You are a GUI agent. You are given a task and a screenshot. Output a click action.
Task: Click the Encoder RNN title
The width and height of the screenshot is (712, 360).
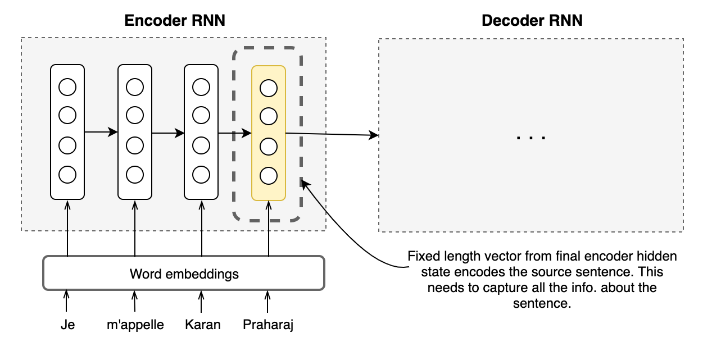tap(174, 21)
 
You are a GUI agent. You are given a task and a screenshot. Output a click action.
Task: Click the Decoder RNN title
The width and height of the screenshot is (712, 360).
tap(532, 21)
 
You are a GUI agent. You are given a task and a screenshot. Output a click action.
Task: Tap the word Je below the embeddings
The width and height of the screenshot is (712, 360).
tap(67, 325)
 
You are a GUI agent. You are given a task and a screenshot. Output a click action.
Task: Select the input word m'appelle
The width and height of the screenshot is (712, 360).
tap(135, 325)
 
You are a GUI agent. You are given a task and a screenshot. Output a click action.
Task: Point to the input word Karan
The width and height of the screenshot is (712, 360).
tap(202, 325)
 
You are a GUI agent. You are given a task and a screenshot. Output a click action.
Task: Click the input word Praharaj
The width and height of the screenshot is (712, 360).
tap(268, 325)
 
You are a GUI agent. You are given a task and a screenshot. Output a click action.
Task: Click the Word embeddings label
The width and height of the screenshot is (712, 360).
tap(184, 274)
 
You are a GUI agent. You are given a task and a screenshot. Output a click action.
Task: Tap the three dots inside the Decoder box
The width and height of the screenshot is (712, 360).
tap(531, 136)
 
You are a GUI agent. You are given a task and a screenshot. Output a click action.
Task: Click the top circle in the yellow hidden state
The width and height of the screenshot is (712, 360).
tap(269, 88)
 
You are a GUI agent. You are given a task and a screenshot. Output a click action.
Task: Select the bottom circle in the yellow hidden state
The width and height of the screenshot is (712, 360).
tap(269, 176)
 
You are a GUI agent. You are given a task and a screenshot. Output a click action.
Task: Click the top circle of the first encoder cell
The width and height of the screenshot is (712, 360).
tap(67, 87)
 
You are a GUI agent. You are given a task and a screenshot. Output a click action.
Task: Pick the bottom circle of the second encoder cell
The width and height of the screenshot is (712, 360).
tap(135, 175)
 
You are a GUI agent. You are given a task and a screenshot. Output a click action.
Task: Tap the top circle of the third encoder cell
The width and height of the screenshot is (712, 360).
tap(201, 87)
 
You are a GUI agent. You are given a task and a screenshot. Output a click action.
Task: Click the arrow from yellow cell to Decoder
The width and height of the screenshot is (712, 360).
tap(332, 134)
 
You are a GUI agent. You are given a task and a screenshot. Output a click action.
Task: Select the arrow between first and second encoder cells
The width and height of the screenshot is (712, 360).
tap(101, 132)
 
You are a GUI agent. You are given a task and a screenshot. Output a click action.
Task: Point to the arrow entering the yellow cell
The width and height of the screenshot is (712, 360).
tap(234, 133)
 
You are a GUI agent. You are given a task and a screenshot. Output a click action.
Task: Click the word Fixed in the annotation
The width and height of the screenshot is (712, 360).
tap(421, 257)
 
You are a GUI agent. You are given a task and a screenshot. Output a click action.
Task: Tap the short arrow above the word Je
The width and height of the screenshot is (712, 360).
tap(67, 301)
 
